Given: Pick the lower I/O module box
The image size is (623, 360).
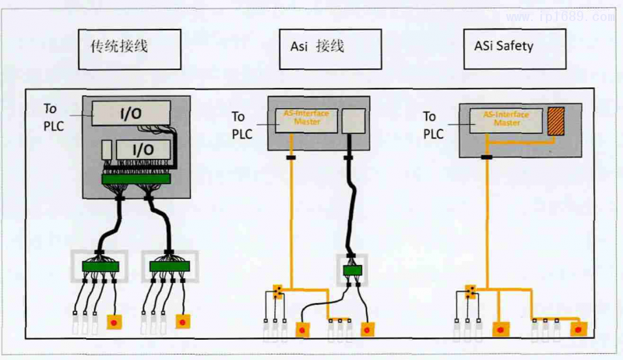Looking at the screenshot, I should click(141, 148).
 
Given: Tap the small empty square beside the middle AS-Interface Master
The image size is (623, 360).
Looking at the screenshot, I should click(353, 120).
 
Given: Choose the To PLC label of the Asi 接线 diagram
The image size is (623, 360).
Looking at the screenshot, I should click(243, 125).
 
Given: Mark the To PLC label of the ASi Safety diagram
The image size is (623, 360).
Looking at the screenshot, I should click(433, 125).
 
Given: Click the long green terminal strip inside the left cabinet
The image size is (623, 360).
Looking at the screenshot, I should click(136, 180).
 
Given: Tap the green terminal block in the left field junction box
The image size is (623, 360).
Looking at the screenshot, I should click(100, 266).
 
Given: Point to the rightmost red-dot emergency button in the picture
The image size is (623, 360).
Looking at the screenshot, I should click(579, 328).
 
